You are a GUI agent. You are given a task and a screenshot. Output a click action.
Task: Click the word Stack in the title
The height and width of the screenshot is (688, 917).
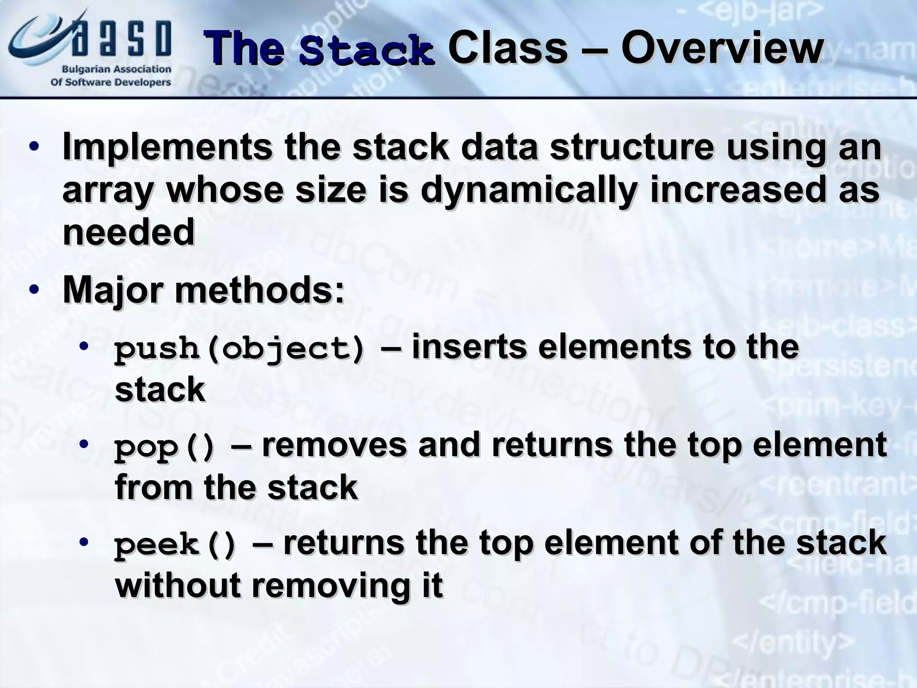[x=366, y=50]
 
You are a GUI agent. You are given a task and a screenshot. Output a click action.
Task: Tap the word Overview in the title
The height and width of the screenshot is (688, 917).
[x=721, y=49]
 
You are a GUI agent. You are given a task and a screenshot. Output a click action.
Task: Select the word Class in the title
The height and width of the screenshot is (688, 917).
[x=507, y=49]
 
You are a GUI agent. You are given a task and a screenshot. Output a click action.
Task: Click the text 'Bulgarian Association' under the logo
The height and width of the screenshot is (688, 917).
[x=116, y=69]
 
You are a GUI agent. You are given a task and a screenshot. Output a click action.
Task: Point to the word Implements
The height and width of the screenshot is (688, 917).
[x=167, y=147]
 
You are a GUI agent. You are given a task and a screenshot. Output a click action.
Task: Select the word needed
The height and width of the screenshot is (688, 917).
[x=129, y=232]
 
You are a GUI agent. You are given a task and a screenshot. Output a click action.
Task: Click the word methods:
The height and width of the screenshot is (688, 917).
[x=260, y=291]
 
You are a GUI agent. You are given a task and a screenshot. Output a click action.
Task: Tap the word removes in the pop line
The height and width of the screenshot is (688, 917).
[x=334, y=445]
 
